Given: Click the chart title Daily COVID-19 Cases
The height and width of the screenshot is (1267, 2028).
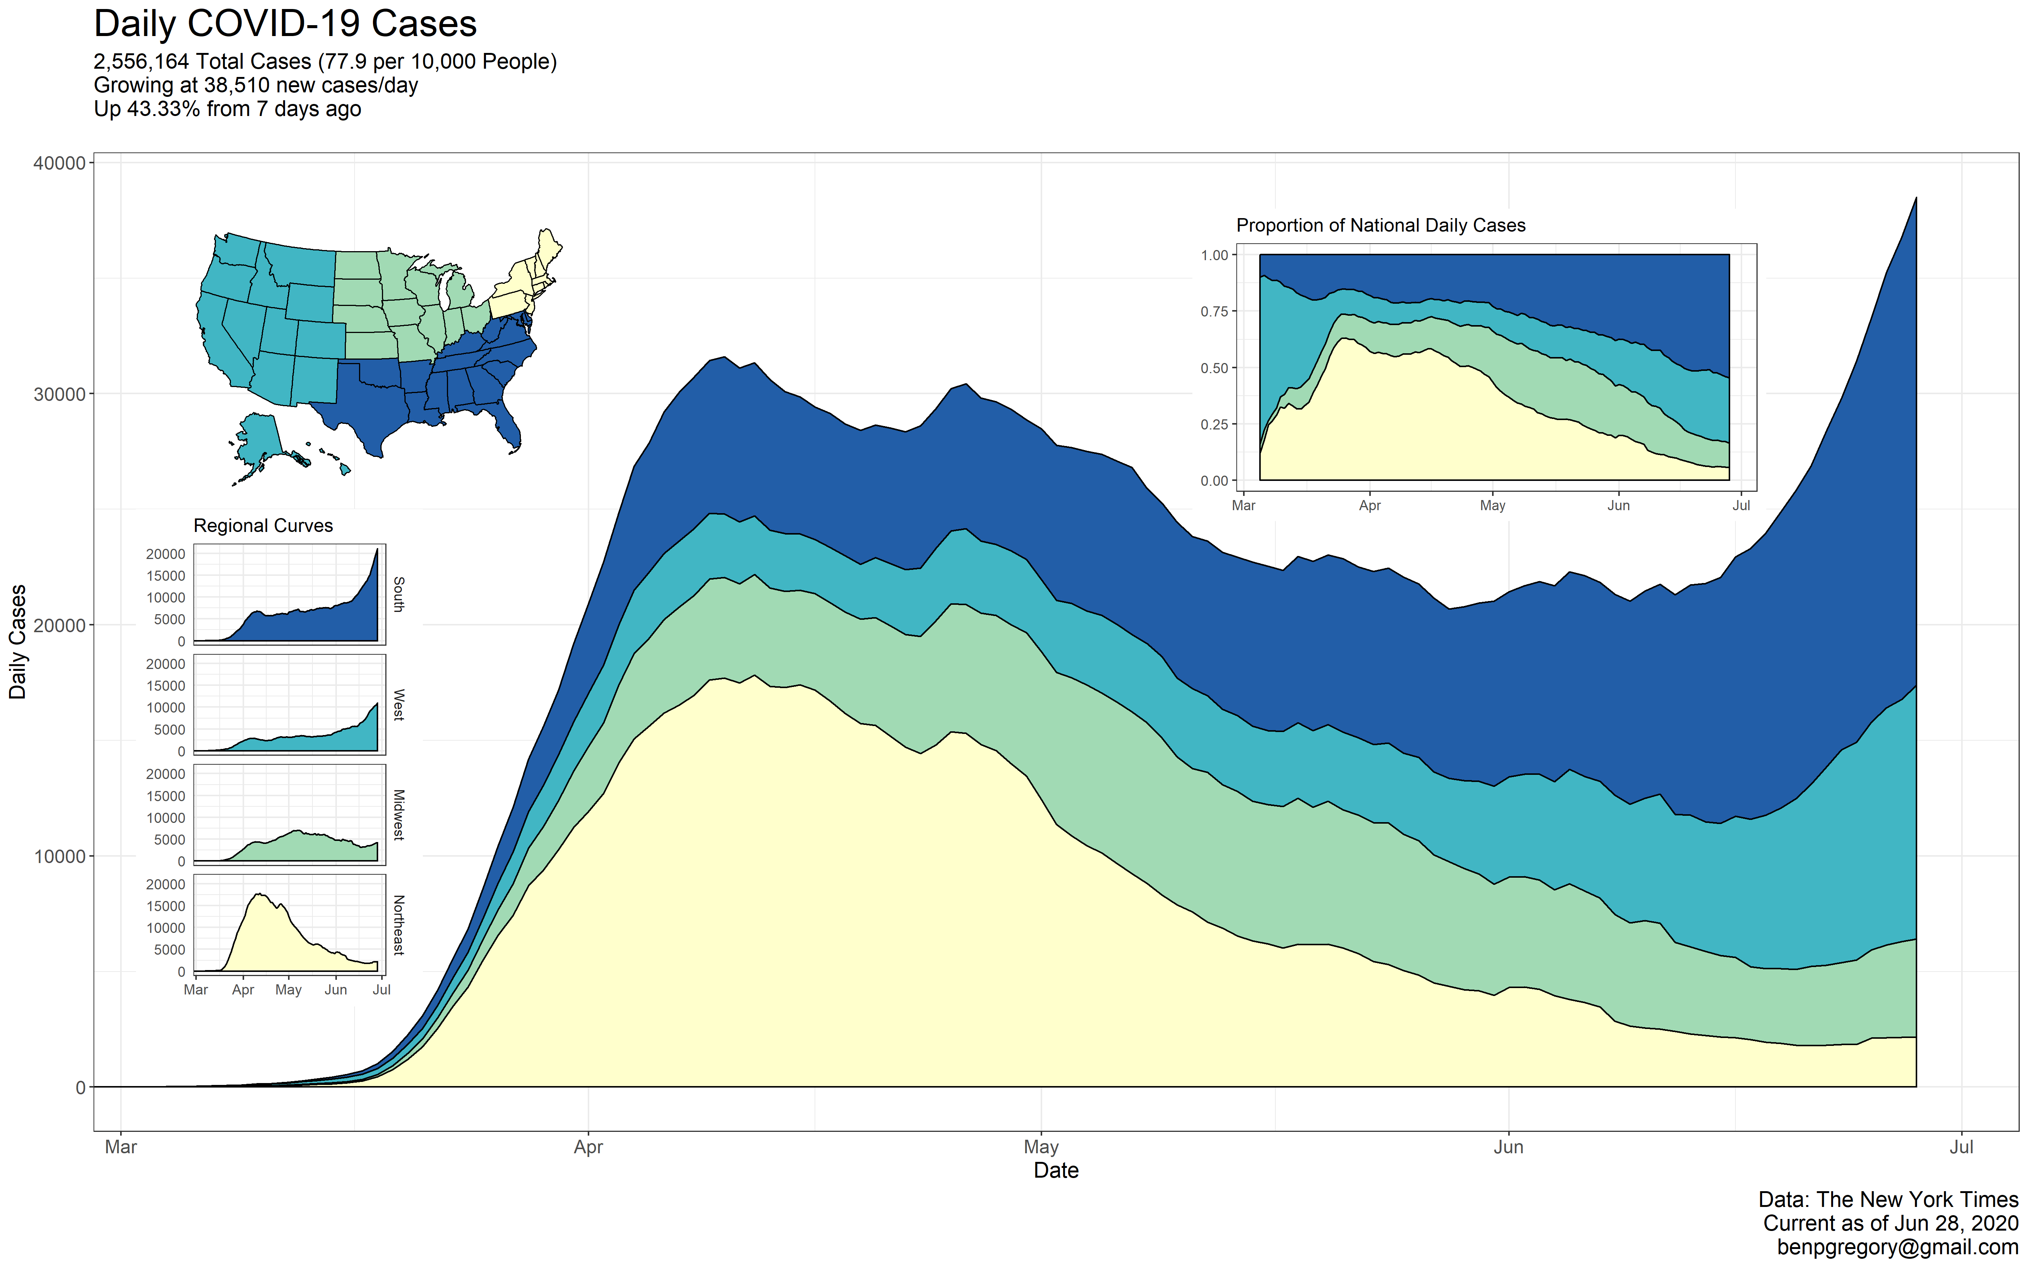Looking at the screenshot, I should (x=285, y=23).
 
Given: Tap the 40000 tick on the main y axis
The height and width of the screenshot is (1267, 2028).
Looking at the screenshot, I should (x=59, y=163).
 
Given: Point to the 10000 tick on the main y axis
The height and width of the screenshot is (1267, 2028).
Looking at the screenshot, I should (x=59, y=856).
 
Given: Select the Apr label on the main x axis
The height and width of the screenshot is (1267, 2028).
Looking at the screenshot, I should (x=588, y=1147).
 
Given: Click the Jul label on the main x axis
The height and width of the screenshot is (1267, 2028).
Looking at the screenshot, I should (x=1961, y=1147).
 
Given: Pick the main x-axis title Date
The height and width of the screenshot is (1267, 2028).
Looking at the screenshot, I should (x=1056, y=1171).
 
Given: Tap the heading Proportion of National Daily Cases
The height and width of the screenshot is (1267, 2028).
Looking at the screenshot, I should (x=1380, y=225).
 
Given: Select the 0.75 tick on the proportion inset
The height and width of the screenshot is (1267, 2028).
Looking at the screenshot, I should (x=1214, y=312).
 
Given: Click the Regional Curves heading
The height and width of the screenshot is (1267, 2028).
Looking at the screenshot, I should (x=263, y=526).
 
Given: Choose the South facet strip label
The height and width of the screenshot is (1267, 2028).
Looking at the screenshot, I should (x=399, y=594).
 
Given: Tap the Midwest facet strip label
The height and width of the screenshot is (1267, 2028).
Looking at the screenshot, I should (x=399, y=815).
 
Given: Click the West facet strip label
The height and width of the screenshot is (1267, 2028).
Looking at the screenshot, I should (x=399, y=705).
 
